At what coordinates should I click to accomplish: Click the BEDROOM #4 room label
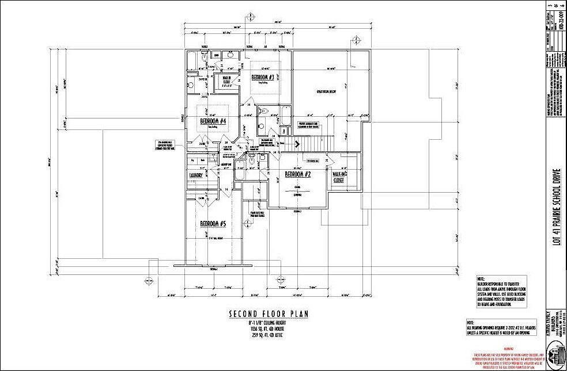pyautogui.click(x=213, y=121)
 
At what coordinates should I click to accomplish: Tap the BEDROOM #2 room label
pyautogui.click(x=298, y=175)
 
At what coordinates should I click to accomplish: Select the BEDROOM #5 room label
pyautogui.click(x=213, y=224)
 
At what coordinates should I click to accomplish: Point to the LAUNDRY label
pyautogui.click(x=198, y=176)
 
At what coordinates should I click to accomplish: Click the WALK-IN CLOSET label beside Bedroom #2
pyautogui.click(x=338, y=177)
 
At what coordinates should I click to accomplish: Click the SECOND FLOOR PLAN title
pyautogui.click(x=269, y=314)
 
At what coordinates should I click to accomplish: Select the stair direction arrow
pyautogui.click(x=298, y=144)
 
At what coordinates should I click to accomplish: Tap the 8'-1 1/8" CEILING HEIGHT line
pyautogui.click(x=269, y=324)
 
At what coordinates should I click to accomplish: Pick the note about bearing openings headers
pyautogui.click(x=501, y=327)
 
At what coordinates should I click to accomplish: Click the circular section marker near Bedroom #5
pyautogui.click(x=236, y=187)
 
